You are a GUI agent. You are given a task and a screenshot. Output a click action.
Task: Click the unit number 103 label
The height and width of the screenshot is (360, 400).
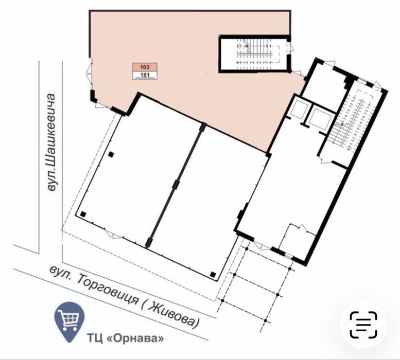[x=145, y=67]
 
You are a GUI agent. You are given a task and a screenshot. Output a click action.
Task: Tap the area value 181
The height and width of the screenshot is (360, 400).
[x=145, y=75]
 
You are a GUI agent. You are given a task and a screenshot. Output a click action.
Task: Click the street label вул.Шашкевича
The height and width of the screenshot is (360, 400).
[x=51, y=142]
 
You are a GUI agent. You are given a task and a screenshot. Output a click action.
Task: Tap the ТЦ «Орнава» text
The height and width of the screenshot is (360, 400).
[x=126, y=338]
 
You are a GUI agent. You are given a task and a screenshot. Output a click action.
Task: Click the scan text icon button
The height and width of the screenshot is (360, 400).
[x=363, y=325]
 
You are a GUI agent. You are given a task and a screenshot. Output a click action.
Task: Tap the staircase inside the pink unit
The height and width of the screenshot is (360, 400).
[x=255, y=54]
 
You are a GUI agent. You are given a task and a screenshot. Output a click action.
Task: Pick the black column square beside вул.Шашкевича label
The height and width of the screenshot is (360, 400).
[x=111, y=154]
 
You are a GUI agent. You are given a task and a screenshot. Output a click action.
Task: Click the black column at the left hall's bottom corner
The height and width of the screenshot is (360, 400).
[x=83, y=214]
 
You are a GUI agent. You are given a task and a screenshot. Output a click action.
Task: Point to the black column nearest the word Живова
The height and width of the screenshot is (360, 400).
[x=213, y=275]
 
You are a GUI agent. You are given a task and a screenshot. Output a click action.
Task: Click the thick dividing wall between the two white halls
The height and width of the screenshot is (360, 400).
[x=175, y=185]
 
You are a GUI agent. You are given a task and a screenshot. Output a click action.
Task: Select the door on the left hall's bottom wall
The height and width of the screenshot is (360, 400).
[x=114, y=235]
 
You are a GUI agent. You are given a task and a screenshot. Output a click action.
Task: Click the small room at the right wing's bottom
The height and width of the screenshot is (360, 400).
[x=297, y=241]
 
